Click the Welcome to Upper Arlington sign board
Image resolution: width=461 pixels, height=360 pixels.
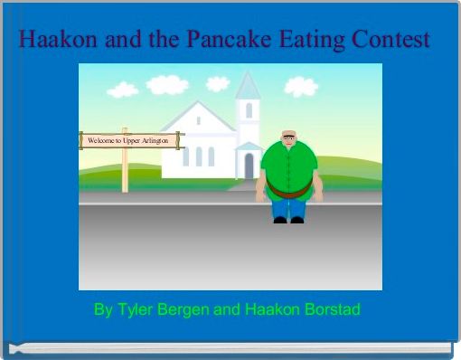coord(129,141)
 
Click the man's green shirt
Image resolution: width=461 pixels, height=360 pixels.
coord(288,167)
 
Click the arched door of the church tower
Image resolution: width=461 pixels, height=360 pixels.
coord(249,166)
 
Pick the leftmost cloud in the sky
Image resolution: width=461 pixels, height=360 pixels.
coord(122,90)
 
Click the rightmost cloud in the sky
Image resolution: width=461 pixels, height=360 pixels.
coord(302,86)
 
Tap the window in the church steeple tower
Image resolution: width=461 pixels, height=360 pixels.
coord(249,110)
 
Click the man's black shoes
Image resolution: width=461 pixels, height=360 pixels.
coord(288,220)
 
